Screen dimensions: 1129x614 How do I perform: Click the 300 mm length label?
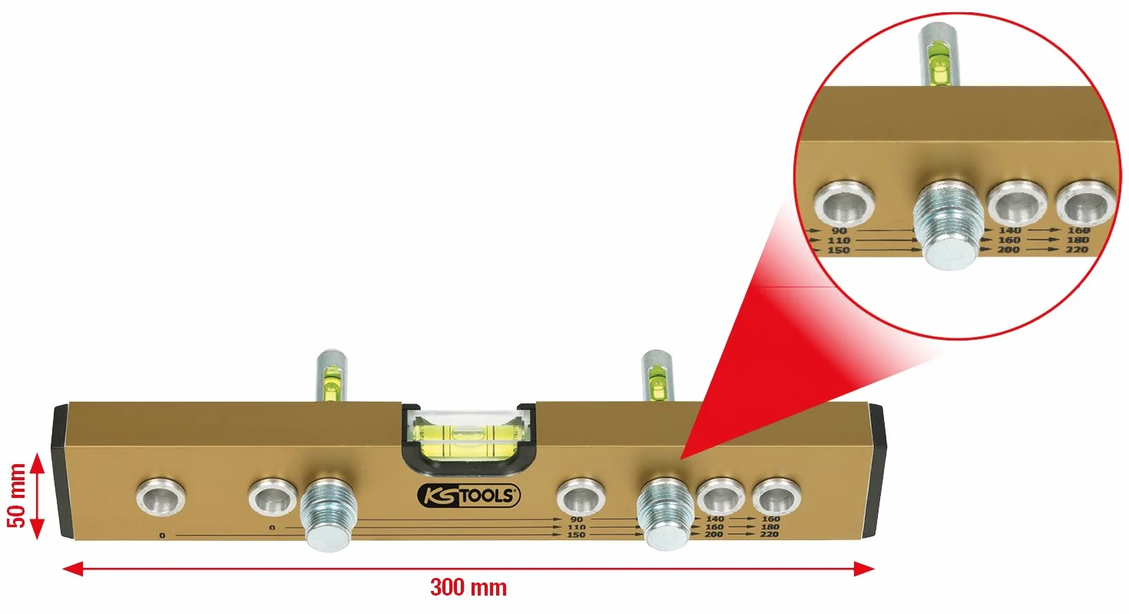(x=468, y=588)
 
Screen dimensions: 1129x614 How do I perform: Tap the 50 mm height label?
(x=16, y=496)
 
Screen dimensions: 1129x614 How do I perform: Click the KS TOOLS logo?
(x=468, y=496)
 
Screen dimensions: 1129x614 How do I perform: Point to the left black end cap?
(x=61, y=471)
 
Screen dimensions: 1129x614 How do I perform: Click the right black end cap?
(x=876, y=470)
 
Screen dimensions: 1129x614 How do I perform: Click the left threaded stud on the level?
(x=328, y=515)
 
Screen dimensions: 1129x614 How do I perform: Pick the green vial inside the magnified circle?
(x=939, y=63)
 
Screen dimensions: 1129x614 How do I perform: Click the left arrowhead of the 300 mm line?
(x=73, y=569)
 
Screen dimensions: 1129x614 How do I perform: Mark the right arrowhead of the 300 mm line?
(x=864, y=569)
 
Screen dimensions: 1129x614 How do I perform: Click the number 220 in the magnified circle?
(x=1077, y=250)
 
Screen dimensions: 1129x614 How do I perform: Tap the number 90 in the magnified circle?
(x=838, y=231)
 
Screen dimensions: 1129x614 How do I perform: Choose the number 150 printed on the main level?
(x=576, y=535)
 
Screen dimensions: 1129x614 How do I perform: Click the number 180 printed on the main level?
(x=770, y=527)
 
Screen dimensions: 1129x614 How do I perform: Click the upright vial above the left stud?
(x=331, y=376)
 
